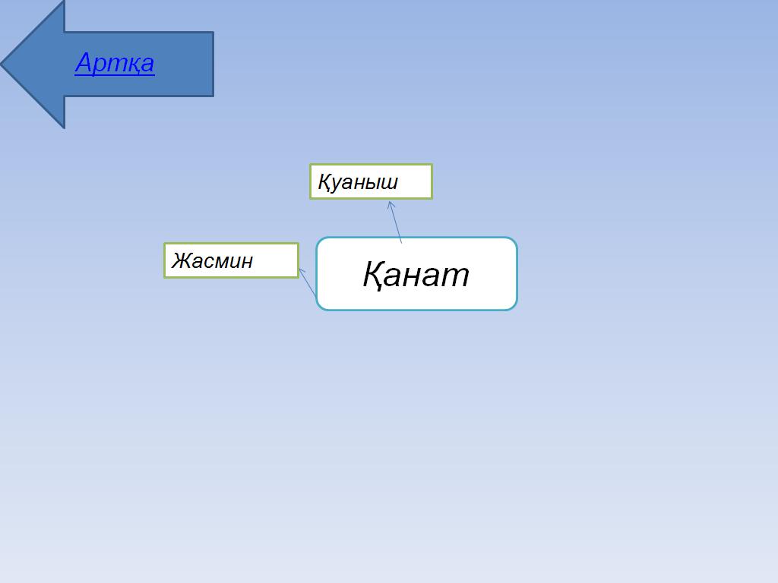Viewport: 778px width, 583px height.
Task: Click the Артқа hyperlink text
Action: coord(115,64)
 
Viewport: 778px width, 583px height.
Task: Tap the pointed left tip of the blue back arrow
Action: coord(1,64)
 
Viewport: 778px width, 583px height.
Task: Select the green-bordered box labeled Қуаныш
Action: coord(371,181)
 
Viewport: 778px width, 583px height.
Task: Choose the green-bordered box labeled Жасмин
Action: coord(231,260)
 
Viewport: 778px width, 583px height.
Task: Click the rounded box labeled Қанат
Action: coord(417,273)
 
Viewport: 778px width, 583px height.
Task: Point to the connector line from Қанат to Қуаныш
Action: coord(395,222)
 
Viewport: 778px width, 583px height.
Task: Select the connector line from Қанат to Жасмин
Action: coord(308,282)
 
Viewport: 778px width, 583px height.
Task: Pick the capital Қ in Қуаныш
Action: coord(324,182)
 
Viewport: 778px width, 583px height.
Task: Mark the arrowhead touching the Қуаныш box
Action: coord(391,205)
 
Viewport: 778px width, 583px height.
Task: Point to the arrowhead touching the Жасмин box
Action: coord(302,273)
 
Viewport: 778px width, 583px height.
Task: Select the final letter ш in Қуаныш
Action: coord(390,184)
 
